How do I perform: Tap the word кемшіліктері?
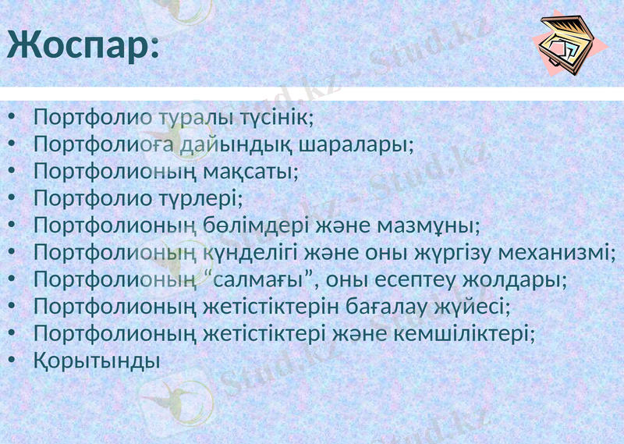[x=473, y=333]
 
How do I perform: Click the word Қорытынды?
[x=97, y=361]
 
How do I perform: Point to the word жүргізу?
[x=441, y=253]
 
